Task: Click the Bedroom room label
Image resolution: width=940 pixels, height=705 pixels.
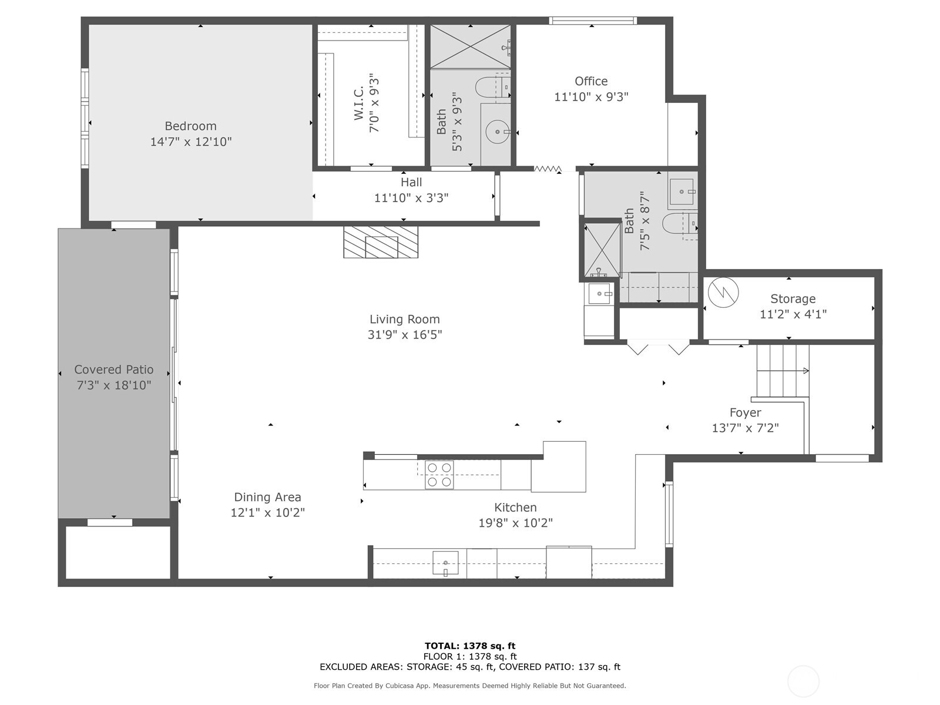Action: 190,126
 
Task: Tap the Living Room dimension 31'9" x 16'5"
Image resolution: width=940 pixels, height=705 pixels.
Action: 404,335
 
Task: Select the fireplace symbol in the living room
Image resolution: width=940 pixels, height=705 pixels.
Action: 381,242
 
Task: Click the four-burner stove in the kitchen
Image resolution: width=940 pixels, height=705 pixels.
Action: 439,475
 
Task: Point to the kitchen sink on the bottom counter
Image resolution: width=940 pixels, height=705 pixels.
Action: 445,562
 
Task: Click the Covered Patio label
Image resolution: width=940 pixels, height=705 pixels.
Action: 114,370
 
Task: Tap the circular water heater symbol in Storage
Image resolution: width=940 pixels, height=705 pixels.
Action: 723,292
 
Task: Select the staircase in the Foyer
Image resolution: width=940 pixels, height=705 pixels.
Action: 783,371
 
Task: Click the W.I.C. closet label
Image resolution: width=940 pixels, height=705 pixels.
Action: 359,103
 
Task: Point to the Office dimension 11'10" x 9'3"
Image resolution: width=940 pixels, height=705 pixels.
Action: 591,97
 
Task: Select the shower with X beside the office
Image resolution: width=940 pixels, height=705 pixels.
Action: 470,46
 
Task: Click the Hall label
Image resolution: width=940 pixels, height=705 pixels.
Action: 411,182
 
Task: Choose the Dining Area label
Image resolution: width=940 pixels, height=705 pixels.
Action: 267,497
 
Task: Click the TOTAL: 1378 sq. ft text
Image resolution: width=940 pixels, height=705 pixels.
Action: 470,646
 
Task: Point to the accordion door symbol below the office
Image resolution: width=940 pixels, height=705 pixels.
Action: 548,169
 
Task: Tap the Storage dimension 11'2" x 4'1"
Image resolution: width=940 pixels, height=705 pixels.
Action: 793,314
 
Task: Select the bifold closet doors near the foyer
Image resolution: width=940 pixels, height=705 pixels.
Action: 659,348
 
